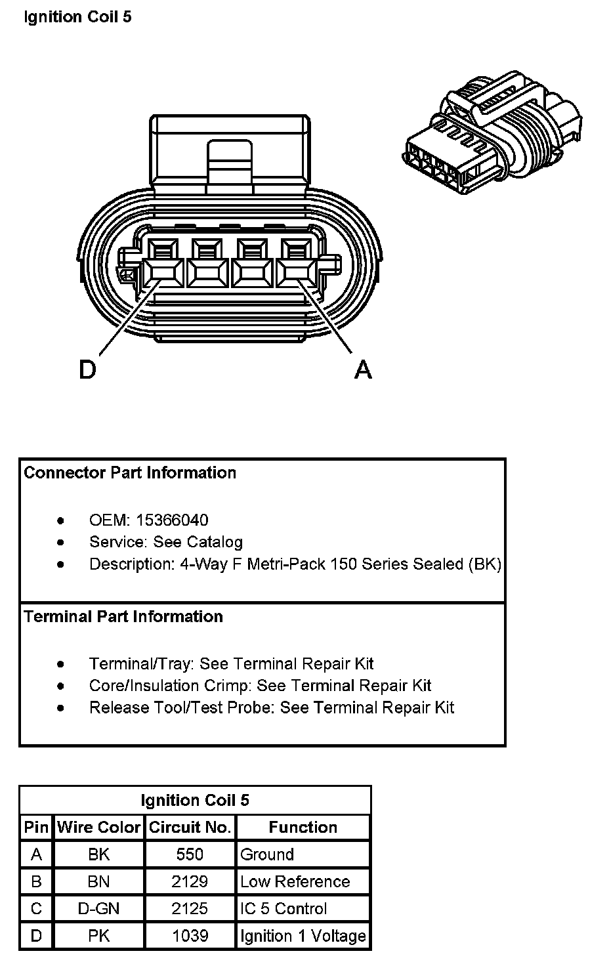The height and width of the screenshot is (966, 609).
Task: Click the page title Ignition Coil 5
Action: (x=77, y=17)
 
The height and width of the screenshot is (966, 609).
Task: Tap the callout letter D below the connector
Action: (x=87, y=369)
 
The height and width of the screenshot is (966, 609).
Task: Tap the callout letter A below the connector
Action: (x=363, y=369)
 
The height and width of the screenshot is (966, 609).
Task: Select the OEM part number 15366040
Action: (x=172, y=520)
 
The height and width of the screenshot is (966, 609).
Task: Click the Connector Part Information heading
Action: (x=130, y=473)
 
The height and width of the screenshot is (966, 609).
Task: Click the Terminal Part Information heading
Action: (x=123, y=617)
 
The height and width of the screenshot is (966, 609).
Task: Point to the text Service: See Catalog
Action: (x=166, y=542)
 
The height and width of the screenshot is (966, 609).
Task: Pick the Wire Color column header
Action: (x=99, y=828)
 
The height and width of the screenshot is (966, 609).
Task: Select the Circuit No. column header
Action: (x=190, y=828)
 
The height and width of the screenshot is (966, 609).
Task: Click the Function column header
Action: (x=303, y=828)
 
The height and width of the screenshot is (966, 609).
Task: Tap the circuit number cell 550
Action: (x=190, y=854)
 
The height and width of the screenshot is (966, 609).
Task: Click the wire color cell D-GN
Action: (x=99, y=909)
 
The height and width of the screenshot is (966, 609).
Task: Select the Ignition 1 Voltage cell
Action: (x=303, y=936)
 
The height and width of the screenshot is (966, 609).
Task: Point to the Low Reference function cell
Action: (x=295, y=882)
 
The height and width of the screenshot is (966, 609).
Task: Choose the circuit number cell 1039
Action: (x=190, y=936)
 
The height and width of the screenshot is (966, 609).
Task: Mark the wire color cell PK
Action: (x=99, y=936)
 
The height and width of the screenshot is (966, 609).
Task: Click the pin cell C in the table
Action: (x=37, y=909)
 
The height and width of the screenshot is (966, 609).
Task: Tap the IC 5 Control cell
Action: (x=283, y=909)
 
